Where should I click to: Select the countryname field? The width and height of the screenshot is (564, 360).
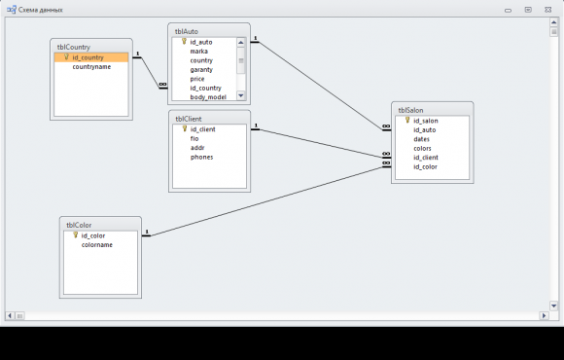pos(91,67)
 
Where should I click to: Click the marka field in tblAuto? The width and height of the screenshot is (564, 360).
pos(199,52)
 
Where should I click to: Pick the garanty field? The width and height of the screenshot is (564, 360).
pos(201,70)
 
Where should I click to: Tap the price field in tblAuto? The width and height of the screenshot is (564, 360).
pos(197,79)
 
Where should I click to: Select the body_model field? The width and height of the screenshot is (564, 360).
pos(208,97)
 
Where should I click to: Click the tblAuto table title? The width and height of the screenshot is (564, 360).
pos(187,32)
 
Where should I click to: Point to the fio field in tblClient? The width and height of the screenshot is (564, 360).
pos(194,138)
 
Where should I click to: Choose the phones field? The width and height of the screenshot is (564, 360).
pos(202,157)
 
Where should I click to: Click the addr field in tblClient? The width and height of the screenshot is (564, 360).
pos(197,148)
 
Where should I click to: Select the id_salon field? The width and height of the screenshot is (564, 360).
pos(426,121)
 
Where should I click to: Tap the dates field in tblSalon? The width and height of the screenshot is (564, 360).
pos(422,139)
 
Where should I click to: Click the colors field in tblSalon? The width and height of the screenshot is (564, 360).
pos(422,148)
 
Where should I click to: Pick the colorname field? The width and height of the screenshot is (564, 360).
pos(97,245)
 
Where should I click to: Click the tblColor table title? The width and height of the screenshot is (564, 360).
pos(79,225)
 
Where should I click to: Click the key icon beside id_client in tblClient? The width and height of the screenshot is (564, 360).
pos(185,128)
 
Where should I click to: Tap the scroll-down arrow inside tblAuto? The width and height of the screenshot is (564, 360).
pos(241,95)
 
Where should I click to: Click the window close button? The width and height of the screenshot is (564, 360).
pos(547,10)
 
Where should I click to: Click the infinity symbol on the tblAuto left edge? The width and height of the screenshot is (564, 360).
pos(163,85)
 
